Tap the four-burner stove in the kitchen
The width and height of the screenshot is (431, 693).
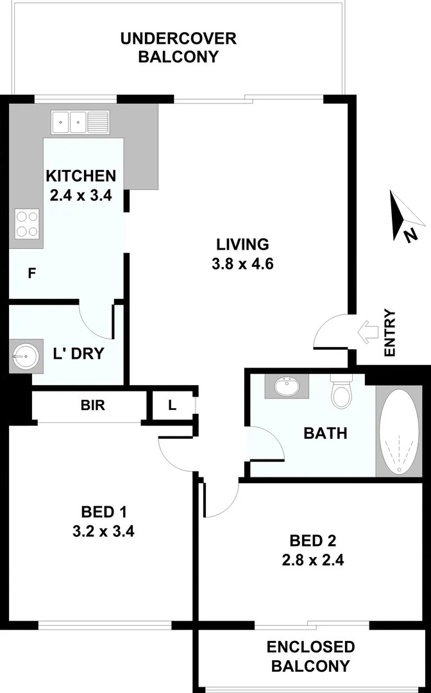[26, 224]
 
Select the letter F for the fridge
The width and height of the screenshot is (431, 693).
[31, 273]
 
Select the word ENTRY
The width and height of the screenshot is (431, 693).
[389, 332]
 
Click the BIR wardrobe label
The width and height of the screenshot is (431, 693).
[93, 405]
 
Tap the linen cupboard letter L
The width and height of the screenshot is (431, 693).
[172, 405]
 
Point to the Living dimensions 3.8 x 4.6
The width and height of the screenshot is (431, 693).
[242, 264]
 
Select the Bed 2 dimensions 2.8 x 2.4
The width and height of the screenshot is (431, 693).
[312, 560]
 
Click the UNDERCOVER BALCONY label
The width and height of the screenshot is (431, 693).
[178, 47]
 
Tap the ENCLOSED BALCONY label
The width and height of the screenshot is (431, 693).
[310, 656]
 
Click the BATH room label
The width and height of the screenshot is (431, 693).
[325, 433]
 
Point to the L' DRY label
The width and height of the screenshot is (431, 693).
[78, 354]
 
